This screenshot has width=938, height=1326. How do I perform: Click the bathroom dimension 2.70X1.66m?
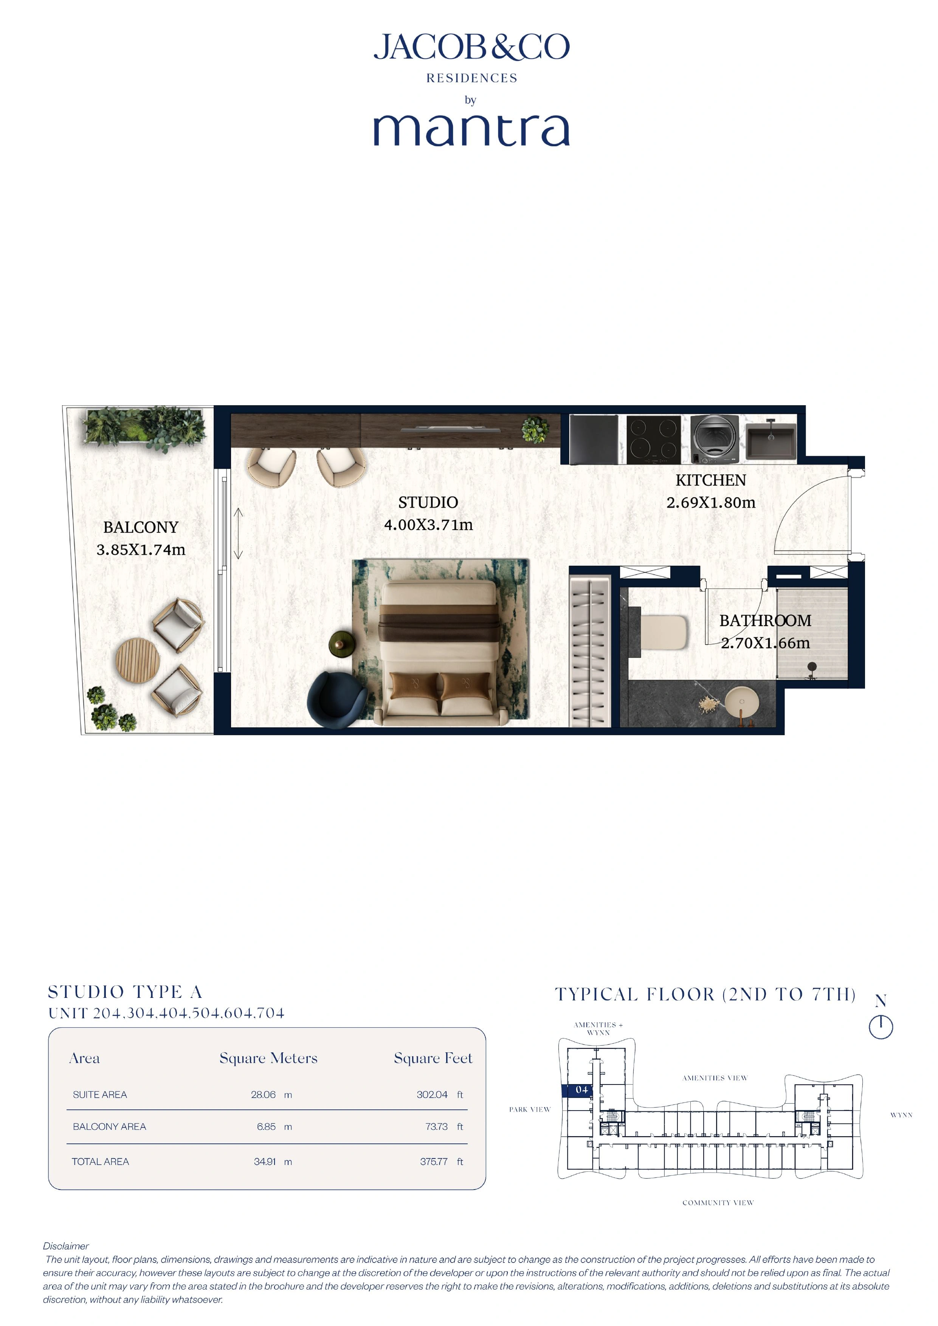(765, 643)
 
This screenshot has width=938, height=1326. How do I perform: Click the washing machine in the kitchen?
(715, 439)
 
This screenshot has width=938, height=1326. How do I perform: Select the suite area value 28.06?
(264, 1094)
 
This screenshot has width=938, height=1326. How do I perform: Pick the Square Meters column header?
(268, 1058)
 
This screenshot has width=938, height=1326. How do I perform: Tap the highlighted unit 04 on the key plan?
(581, 1090)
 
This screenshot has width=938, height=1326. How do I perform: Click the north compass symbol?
(881, 1026)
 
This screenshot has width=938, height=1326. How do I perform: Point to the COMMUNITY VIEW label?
(718, 1202)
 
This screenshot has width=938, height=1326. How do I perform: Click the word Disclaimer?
(66, 1246)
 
